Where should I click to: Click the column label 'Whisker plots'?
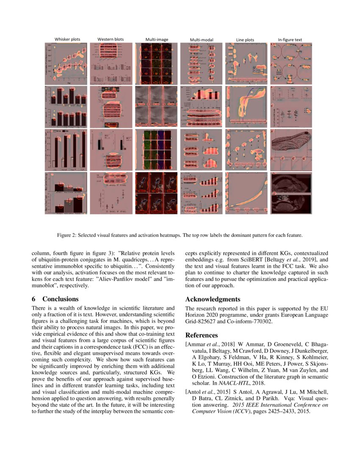click(x=67, y=39)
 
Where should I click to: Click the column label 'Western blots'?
click(x=111, y=39)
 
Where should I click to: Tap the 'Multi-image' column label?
click(x=157, y=40)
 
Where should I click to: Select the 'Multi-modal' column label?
click(x=202, y=40)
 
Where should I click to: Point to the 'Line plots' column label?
click(x=246, y=40)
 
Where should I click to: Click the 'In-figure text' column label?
click(x=290, y=40)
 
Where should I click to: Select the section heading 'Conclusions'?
click(x=60, y=299)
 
